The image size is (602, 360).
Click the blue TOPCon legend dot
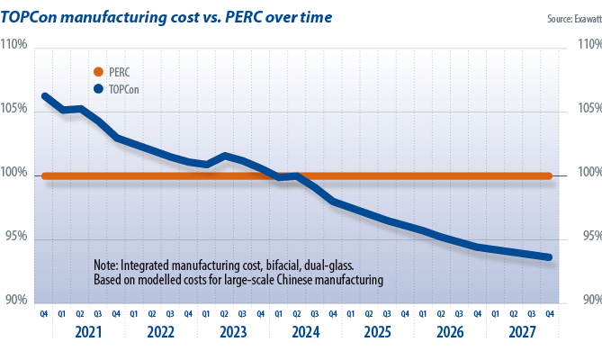(98, 89)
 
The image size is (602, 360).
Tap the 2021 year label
(89, 332)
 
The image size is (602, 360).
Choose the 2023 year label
(233, 332)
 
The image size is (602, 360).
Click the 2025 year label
(378, 332)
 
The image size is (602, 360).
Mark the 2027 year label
(523, 332)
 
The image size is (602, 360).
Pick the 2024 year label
(306, 332)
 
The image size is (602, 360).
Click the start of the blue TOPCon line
(44, 96)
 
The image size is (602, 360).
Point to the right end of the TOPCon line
(549, 257)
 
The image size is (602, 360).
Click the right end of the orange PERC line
(549, 175)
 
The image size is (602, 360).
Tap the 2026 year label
(451, 332)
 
